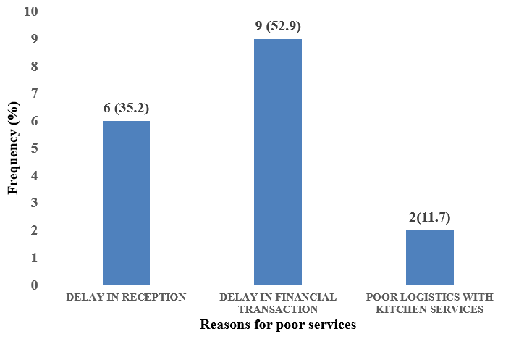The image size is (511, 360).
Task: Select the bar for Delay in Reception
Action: (126, 203)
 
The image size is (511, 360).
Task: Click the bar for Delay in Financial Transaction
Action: (277, 162)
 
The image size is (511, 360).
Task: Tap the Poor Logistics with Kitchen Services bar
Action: (429, 258)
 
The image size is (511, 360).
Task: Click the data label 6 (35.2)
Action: (127, 109)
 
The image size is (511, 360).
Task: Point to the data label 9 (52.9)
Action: (278, 27)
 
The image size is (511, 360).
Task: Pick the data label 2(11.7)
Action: (429, 217)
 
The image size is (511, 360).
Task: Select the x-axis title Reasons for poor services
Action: (278, 325)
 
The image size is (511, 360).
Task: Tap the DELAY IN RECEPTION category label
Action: (127, 297)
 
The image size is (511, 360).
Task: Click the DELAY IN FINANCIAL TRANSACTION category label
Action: (278, 304)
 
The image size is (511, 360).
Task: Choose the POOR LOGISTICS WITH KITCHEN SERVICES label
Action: (429, 304)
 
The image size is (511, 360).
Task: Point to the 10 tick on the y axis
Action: (32, 12)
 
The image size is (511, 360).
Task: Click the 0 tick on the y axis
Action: (35, 285)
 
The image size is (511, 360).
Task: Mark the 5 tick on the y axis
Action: (35, 149)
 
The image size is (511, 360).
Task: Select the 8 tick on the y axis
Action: (35, 67)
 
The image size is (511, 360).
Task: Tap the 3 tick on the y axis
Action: (35, 204)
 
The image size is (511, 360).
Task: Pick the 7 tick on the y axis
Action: (35, 94)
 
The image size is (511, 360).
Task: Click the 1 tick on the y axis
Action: (35, 259)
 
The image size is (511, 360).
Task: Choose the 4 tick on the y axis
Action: (35, 176)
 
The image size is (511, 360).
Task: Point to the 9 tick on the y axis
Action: (35, 40)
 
